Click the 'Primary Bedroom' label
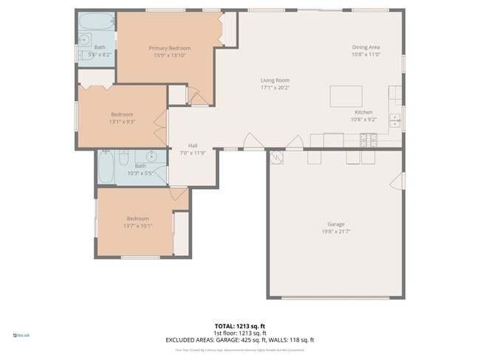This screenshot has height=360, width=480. coord(164,47)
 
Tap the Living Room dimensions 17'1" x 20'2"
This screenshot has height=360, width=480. coord(275,88)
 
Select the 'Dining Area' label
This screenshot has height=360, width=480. coord(366,47)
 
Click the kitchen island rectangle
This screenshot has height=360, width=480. coord(346,96)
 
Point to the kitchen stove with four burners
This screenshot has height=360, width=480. coord(368,138)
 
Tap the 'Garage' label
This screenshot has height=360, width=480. coord(336,224)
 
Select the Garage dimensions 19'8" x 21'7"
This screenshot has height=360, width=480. coord(336,232)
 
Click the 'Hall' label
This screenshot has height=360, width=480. coord(193,145)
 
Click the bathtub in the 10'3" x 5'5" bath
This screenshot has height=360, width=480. coord(105,167)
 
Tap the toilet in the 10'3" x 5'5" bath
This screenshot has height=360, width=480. coord(124,156)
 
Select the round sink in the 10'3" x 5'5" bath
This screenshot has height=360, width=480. coord(151,156)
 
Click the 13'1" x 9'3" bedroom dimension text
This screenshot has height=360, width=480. coord(122,122)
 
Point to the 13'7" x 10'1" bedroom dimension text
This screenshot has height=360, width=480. coord(137,226)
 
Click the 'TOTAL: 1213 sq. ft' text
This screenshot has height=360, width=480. coord(239,325)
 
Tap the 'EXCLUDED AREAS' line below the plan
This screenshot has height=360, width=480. coord(239,340)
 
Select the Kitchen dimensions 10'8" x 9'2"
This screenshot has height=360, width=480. coord(363,120)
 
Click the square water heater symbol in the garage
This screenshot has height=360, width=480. coord(275,156)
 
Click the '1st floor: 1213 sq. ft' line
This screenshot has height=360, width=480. coord(239,333)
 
